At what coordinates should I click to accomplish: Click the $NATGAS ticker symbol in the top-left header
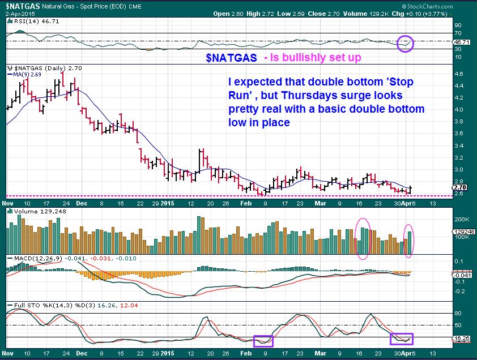click(22, 5)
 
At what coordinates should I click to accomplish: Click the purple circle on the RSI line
click(406, 42)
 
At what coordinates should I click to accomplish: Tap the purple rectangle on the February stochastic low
click(263, 341)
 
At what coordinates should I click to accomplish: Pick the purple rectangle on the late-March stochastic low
click(402, 339)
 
